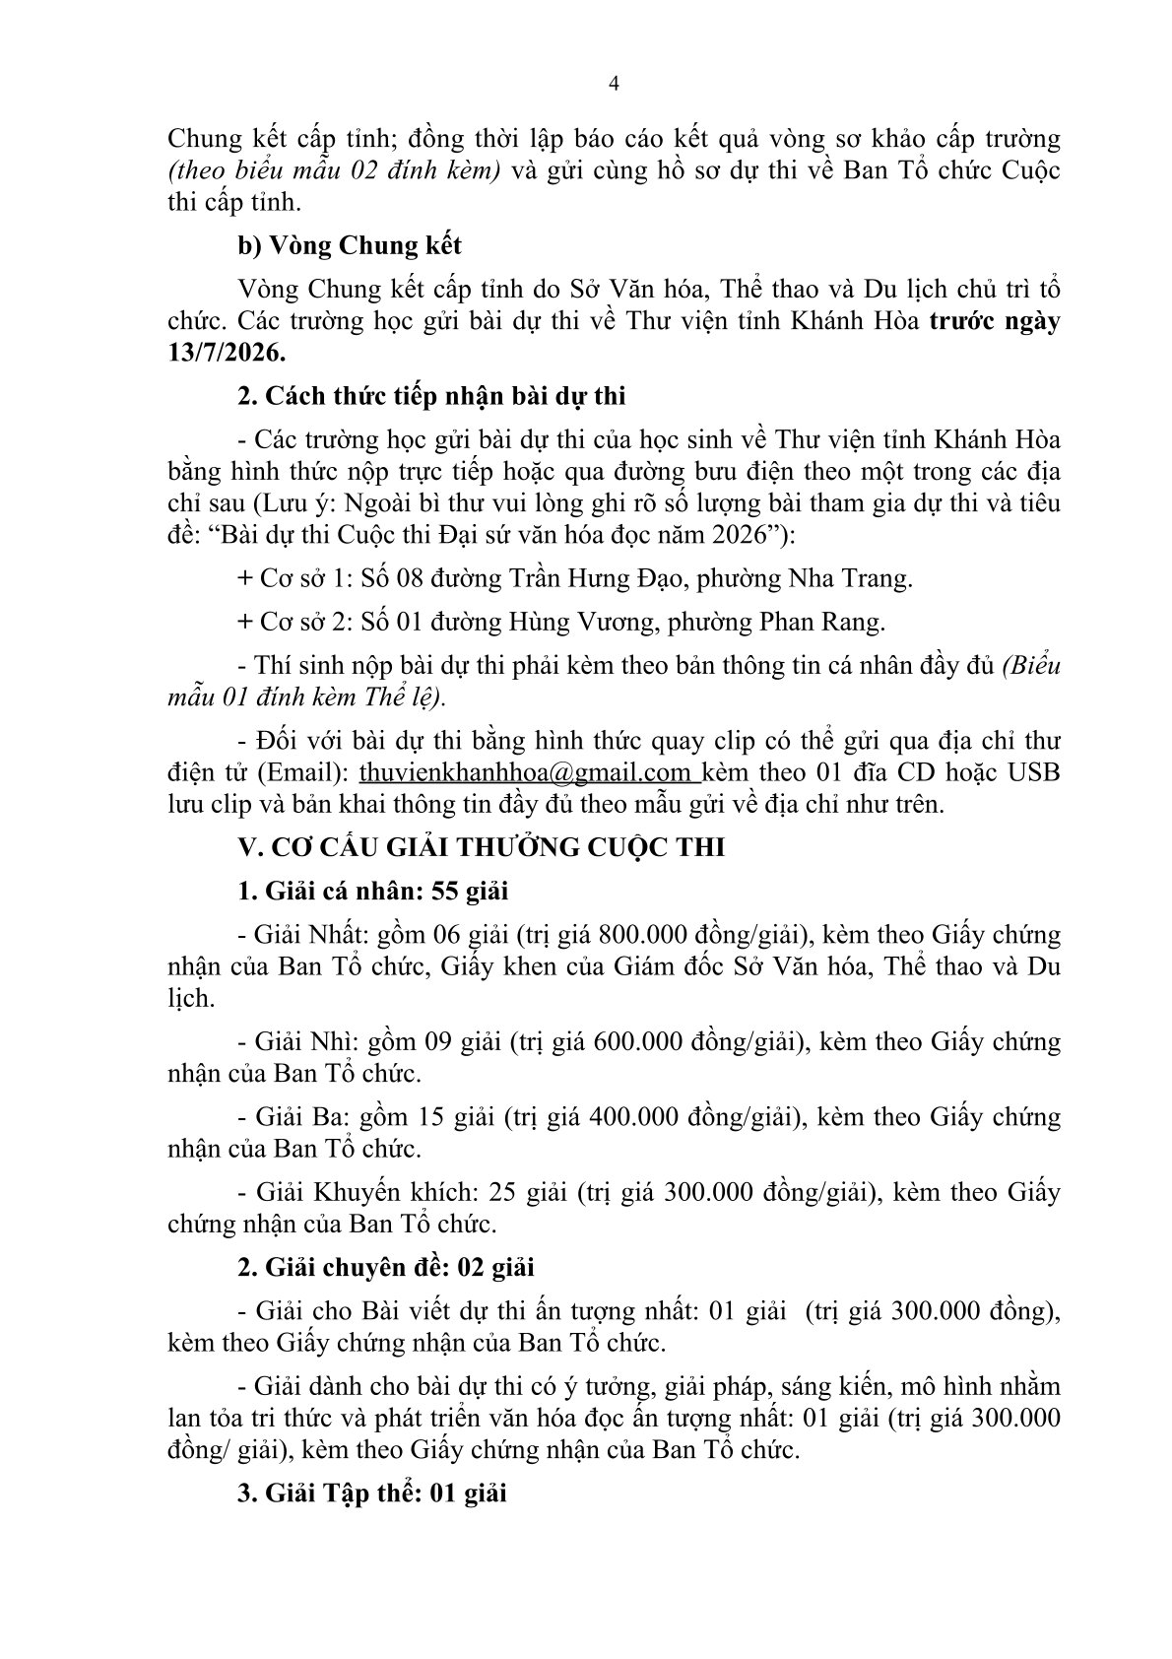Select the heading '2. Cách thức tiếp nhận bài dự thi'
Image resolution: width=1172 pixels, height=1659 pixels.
pos(431,396)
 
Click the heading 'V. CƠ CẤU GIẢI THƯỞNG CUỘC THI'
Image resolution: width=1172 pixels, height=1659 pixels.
pos(482,847)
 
